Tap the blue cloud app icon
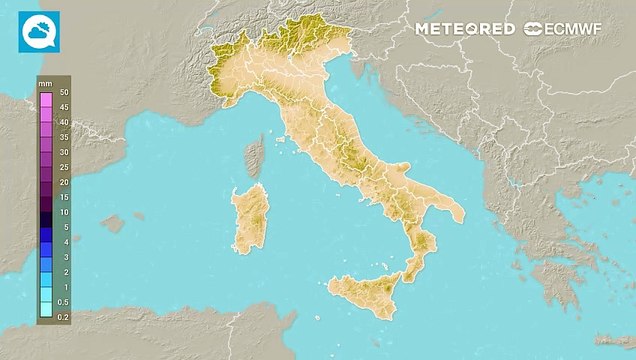[x=35, y=32]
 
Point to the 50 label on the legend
[x=63, y=92]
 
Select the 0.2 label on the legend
[x=62, y=317]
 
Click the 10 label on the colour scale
[x=63, y=212]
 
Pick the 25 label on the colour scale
[x=63, y=167]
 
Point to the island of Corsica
[x=255, y=158]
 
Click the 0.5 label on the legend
[x=62, y=302]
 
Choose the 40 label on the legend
[x=63, y=122]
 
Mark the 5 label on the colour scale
[x=64, y=227]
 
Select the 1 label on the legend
[x=64, y=287]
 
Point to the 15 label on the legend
[x=63, y=197]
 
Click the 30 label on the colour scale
[x=63, y=152]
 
